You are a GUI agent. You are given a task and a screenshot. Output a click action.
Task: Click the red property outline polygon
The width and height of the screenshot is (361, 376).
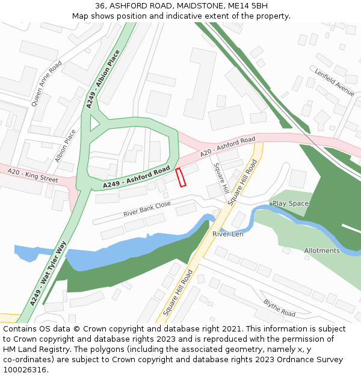pyautogui.click(x=180, y=177)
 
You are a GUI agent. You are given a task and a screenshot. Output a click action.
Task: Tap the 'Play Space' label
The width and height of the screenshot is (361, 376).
pyautogui.click(x=290, y=203)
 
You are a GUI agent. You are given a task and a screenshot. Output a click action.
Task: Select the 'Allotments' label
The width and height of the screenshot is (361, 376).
pyautogui.click(x=321, y=250)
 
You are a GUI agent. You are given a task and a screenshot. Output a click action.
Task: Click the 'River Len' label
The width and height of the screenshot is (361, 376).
pyautogui.click(x=227, y=233)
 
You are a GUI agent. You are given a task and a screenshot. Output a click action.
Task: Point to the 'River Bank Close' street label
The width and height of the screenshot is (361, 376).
pyautogui.click(x=147, y=209)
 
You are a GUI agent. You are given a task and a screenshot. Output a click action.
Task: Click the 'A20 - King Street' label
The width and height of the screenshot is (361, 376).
pyautogui.click(x=32, y=176)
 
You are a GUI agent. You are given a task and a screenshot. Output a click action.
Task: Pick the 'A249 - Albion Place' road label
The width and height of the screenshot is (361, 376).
pyautogui.click(x=103, y=79)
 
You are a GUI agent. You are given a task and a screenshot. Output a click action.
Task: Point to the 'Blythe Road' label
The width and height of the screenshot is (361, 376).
pyautogui.click(x=279, y=309)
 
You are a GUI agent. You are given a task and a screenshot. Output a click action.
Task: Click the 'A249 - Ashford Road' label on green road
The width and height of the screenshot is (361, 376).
pyautogui.click(x=136, y=177)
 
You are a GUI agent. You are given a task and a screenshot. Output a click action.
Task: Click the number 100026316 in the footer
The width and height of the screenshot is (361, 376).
pyautogui.click(x=25, y=370)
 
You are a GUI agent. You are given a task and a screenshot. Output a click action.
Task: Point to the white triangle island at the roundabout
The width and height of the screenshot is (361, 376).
pyautogui.click(x=93, y=123)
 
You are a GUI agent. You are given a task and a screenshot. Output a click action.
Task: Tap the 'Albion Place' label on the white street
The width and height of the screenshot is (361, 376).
pyautogui.click(x=66, y=146)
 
